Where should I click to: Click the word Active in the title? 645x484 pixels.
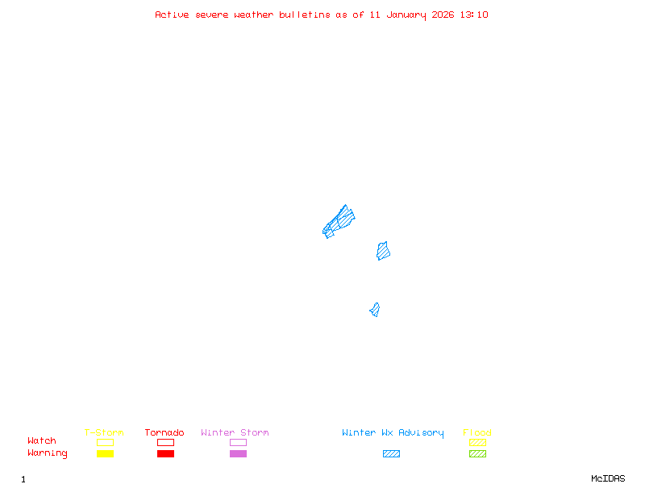pyautogui.click(x=173, y=15)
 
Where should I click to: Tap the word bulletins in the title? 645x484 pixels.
pyautogui.click(x=305, y=15)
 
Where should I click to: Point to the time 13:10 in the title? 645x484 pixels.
pyautogui.click(x=474, y=15)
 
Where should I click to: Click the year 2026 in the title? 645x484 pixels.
pyautogui.click(x=444, y=15)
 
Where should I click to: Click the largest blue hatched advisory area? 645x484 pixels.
pyautogui.click(x=339, y=220)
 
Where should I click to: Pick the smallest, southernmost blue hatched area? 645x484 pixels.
pyautogui.click(x=374, y=310)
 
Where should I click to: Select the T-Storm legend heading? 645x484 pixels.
pyautogui.click(x=104, y=433)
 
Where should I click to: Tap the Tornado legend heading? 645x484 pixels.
pyautogui.click(x=164, y=433)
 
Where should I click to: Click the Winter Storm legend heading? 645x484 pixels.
pyautogui.click(x=235, y=433)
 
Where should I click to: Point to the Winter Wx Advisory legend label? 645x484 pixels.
pyautogui.click(x=393, y=433)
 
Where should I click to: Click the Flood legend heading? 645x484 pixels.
pyautogui.click(x=477, y=433)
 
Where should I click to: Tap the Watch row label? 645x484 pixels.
pyautogui.click(x=42, y=441)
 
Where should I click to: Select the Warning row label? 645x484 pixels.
pyautogui.click(x=48, y=453)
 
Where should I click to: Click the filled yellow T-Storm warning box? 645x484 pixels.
pyautogui.click(x=105, y=453)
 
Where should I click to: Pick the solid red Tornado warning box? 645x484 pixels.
pyautogui.click(x=165, y=453)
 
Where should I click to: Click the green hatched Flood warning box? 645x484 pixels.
pyautogui.click(x=477, y=453)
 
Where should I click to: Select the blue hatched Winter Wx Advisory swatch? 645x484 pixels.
pyautogui.click(x=391, y=453)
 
